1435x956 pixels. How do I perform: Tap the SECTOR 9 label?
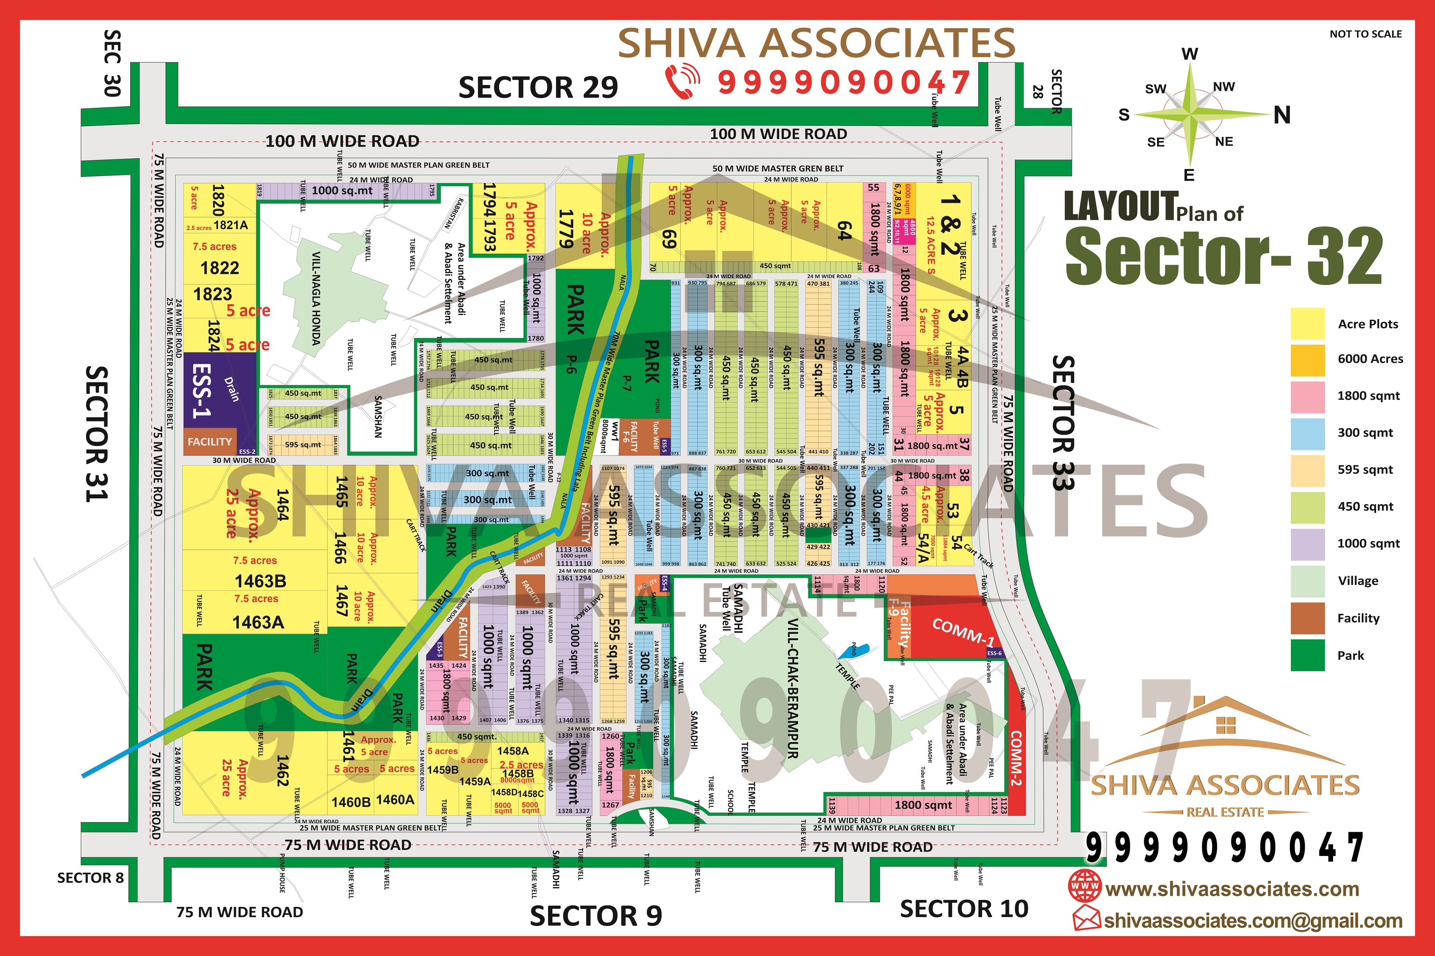595,916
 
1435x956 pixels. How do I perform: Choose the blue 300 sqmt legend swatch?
1307,433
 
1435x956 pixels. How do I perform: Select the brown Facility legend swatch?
1307,618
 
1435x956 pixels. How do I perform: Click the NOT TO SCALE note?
1365,34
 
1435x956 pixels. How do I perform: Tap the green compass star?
1189,114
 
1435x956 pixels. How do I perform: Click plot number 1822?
219,268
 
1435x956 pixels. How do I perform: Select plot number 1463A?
258,623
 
